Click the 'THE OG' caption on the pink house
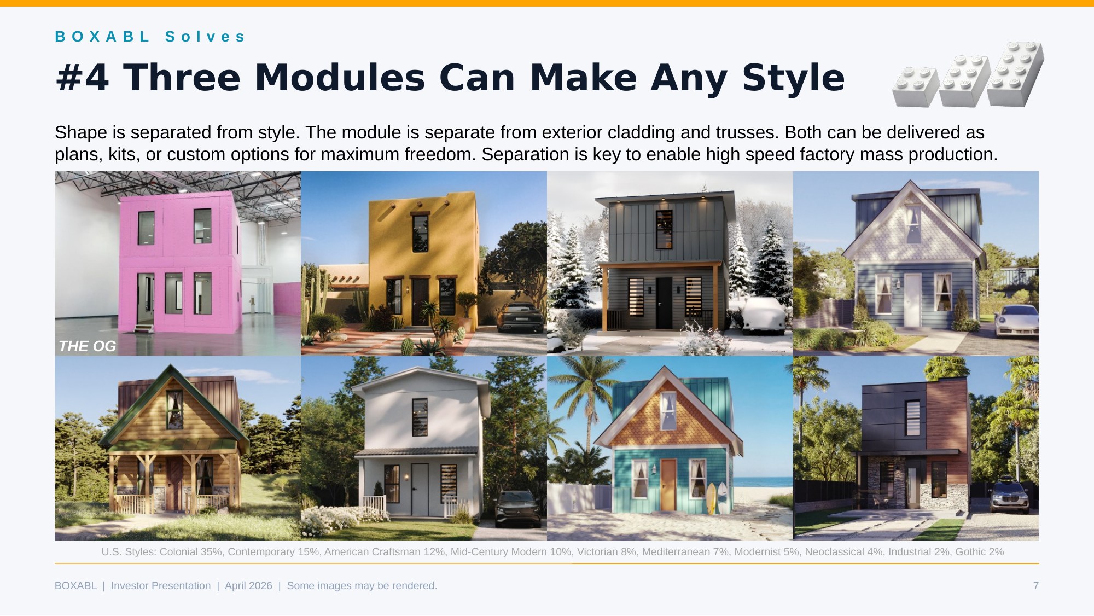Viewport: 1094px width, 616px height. click(88, 346)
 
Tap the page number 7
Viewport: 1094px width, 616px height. click(1035, 585)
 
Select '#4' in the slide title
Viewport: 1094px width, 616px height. click(83, 77)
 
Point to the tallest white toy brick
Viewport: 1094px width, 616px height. click(1016, 74)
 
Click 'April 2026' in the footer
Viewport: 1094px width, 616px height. click(248, 585)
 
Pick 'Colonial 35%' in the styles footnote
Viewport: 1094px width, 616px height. click(190, 551)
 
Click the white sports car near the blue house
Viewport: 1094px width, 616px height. click(1016, 321)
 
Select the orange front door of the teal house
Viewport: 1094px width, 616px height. click(668, 485)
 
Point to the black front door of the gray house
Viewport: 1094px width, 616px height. click(664, 303)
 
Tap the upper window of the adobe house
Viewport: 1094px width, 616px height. click(420, 233)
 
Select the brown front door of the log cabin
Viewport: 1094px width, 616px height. click(174, 484)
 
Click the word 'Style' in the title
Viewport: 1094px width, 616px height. click(793, 77)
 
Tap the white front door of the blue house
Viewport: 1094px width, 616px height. click(911, 300)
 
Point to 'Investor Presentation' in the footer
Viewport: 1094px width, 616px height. click(161, 585)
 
